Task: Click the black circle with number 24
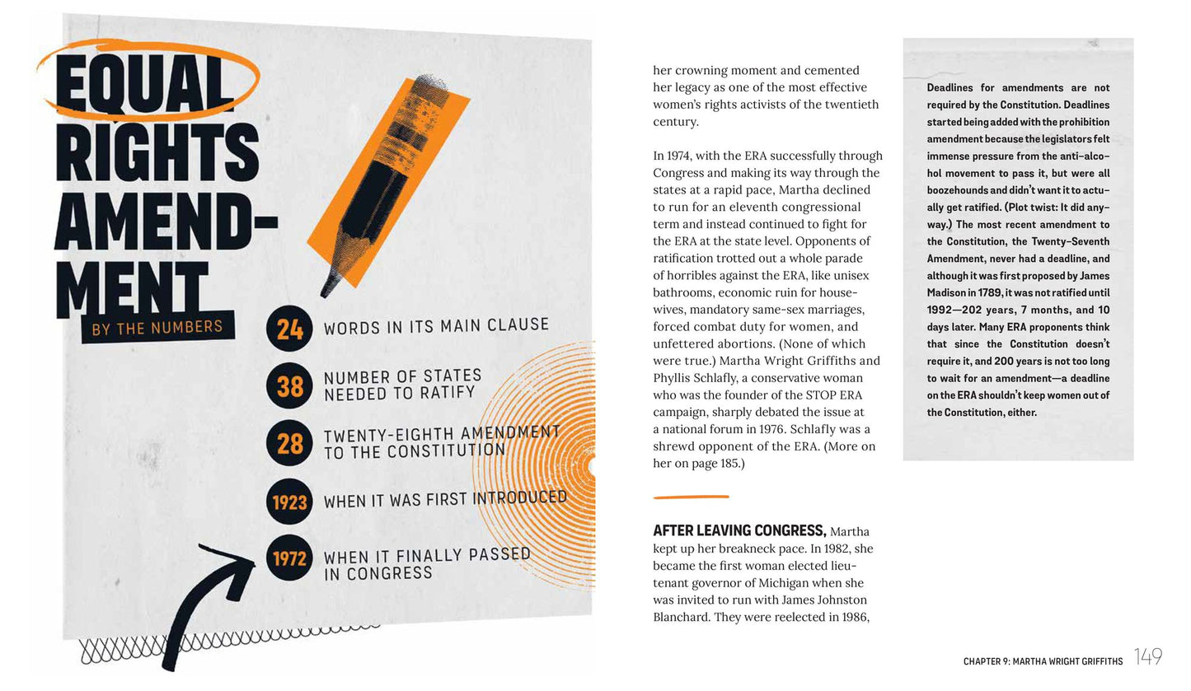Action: point(289,329)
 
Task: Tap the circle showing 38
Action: point(289,386)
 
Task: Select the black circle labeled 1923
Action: point(289,502)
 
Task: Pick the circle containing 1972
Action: point(289,558)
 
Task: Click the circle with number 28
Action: point(289,443)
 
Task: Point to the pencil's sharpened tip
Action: point(323,294)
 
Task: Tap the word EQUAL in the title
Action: point(143,82)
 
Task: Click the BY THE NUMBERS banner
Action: point(157,327)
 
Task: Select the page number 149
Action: point(1148,656)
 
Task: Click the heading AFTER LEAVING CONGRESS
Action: point(739,530)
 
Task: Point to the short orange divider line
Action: point(691,497)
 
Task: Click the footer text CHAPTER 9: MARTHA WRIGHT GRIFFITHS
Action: point(1043,661)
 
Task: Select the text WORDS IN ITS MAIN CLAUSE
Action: point(436,326)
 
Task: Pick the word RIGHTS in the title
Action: point(157,152)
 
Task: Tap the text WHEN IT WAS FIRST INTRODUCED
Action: point(446,499)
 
